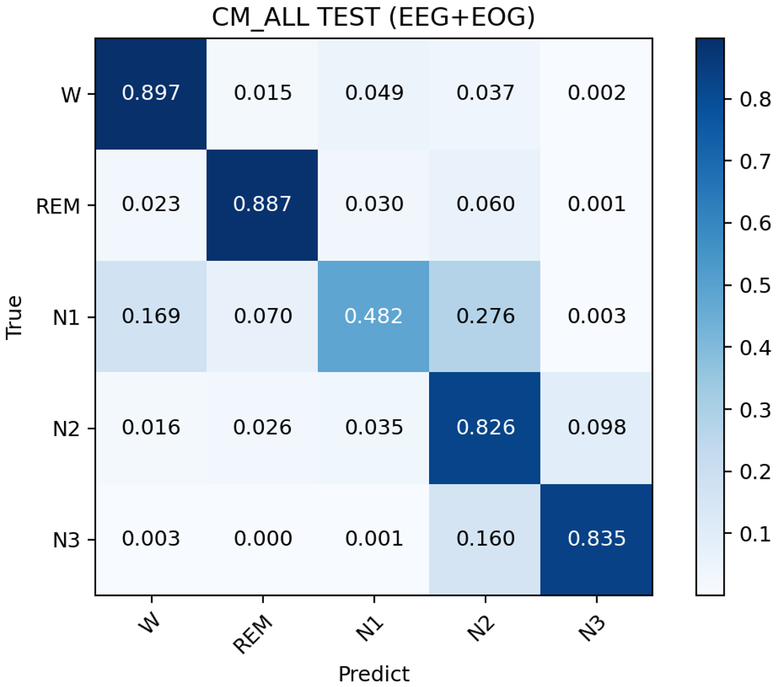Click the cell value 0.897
(x=151, y=93)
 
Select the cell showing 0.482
(x=373, y=316)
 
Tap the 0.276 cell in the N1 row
(x=485, y=316)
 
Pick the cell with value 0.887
(x=263, y=204)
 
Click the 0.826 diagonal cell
(x=485, y=428)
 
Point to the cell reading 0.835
(x=596, y=539)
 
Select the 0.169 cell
(x=151, y=316)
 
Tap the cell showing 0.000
(x=263, y=539)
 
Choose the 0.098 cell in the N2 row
(x=596, y=428)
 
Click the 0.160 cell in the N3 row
(x=485, y=539)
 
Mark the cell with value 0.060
(x=485, y=204)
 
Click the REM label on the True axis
(x=58, y=206)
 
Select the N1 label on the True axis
(x=66, y=317)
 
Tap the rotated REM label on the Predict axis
(x=253, y=634)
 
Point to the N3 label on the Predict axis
(x=592, y=628)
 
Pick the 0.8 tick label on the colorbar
(x=754, y=100)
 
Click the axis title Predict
(x=373, y=674)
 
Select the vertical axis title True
(x=15, y=317)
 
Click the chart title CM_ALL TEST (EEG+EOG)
(x=373, y=18)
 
